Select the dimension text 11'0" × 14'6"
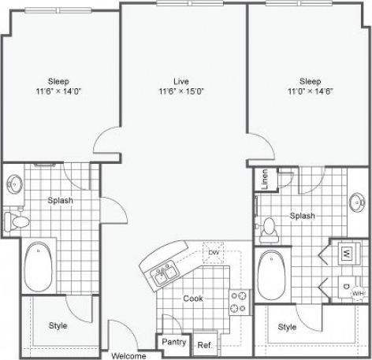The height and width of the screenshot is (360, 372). (x=309, y=91)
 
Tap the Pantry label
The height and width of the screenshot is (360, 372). (x=173, y=343)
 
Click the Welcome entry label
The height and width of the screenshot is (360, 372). (x=128, y=355)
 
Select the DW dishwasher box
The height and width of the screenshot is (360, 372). (x=213, y=252)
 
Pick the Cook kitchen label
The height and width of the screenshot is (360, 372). (x=194, y=299)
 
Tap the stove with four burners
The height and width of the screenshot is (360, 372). (x=239, y=300)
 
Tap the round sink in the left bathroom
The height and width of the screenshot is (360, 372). (x=13, y=186)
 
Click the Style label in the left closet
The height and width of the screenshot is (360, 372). (x=58, y=325)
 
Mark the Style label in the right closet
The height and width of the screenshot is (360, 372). (x=288, y=326)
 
